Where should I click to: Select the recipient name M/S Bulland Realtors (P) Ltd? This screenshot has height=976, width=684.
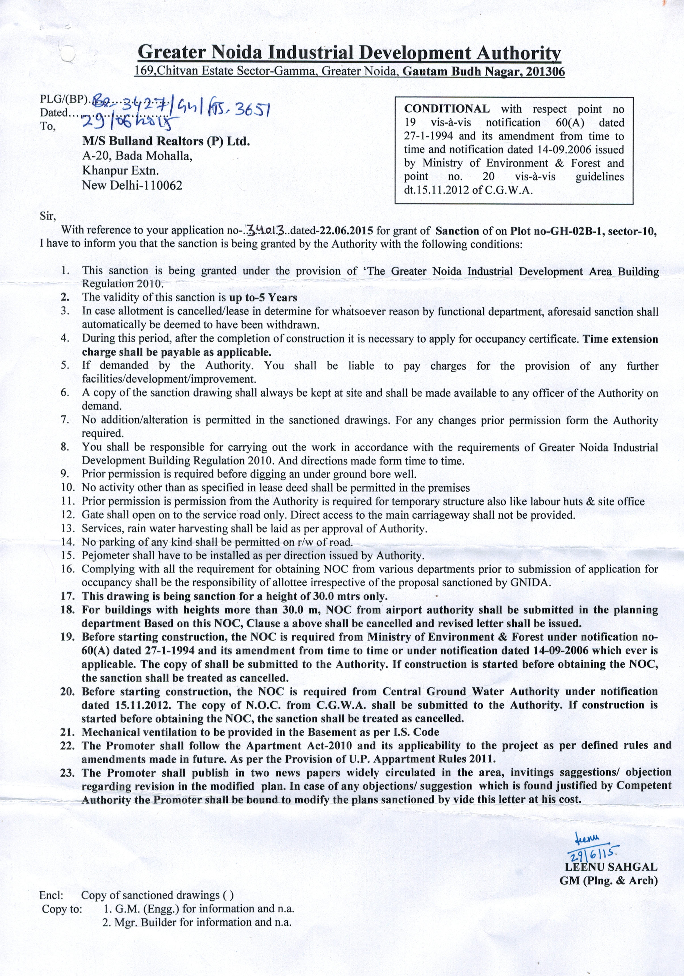[166, 141]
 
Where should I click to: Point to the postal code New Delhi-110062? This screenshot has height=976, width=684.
[132, 185]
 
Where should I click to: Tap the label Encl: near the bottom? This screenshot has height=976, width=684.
[51, 908]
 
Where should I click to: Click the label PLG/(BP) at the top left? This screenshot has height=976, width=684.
[63, 99]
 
